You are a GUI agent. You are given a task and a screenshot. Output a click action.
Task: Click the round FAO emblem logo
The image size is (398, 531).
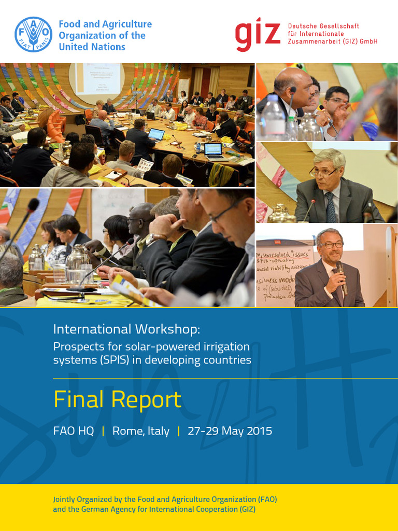click(x=34, y=35)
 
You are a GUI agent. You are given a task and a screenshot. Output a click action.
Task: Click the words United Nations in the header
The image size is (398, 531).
click(x=92, y=47)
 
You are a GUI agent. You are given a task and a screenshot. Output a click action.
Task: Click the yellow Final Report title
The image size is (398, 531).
click(x=118, y=400)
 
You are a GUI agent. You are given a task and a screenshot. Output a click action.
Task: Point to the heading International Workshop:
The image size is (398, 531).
click(x=126, y=329)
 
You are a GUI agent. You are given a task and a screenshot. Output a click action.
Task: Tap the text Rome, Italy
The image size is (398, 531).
click(x=141, y=431)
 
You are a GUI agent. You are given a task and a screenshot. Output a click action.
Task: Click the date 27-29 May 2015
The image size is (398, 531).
click(x=230, y=431)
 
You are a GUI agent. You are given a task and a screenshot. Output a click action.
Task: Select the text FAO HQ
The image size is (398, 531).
click(x=74, y=431)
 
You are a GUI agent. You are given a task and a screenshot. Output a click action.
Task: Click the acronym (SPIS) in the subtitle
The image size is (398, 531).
click(x=121, y=360)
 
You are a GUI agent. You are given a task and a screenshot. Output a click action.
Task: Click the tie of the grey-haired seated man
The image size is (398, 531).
click(x=331, y=207)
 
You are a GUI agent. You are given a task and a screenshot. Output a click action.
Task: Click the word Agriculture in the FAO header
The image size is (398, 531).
click(x=126, y=24)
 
